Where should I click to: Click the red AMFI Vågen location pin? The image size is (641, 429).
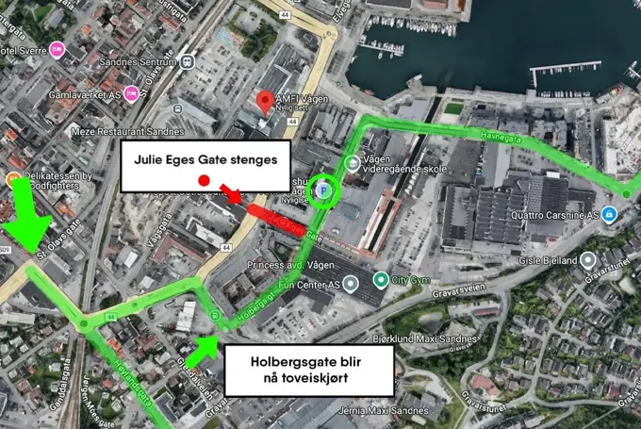pos(268,101)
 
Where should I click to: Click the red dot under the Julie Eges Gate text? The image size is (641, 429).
pos(203,180)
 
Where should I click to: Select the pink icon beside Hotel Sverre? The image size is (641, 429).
pos(58,50)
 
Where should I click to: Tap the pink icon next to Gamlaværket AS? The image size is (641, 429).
pos(132,92)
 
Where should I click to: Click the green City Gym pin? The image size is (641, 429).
pos(380,279)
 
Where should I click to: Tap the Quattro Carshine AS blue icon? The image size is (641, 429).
pos(610,213)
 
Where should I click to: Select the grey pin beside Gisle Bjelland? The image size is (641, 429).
pos(588,259)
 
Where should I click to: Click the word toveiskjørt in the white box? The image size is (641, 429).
pos(333,381)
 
